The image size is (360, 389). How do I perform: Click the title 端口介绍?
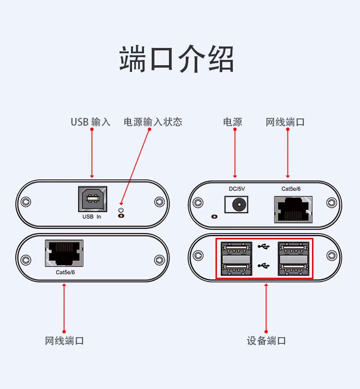pos(177,59)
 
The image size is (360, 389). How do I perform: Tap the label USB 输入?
pos(90,122)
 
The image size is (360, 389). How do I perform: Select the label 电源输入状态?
pos(153,122)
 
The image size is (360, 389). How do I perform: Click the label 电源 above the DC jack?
pos(232,122)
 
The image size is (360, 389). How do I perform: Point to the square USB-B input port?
pos(93,199)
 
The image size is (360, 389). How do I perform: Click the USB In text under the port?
pos(92,217)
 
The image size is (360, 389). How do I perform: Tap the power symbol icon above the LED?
pos(121,210)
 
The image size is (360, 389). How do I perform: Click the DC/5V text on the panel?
pos(237,189)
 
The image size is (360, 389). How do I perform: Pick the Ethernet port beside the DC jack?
pos(293,210)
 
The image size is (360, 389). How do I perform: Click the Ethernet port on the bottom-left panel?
pos(64,253)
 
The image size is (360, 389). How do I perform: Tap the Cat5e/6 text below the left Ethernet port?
pos(65,272)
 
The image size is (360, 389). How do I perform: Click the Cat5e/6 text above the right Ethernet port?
pos(291,189)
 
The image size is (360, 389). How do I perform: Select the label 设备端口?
pos(266,341)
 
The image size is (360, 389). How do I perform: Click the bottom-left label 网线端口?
pos(64,341)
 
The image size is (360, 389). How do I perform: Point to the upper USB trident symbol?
pos(264,247)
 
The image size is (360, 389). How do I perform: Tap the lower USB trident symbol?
pos(264,266)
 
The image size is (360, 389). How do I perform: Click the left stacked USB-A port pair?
pos(236,259)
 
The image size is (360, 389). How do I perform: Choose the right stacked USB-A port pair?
pos(293,259)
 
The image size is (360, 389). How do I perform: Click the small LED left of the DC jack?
pos(214,217)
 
